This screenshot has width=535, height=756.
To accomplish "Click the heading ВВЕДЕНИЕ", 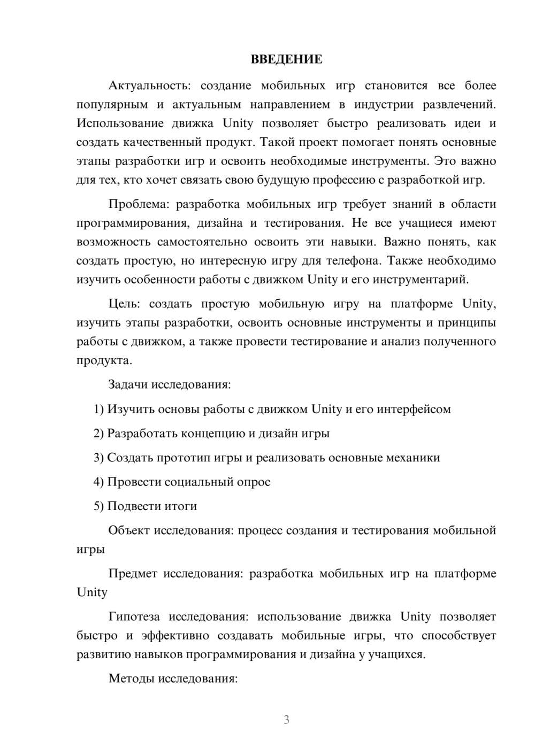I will coord(286,59).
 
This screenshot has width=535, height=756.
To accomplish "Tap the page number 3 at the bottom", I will coord(286,720).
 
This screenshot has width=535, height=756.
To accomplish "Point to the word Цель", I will coord(124,304).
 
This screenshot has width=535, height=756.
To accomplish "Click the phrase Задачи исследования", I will coord(170,384).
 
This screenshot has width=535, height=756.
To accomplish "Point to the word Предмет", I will coord(133,574).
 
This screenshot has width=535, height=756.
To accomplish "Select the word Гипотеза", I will coord(134,617).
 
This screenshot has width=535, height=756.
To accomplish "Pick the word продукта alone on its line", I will coord(103,361).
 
